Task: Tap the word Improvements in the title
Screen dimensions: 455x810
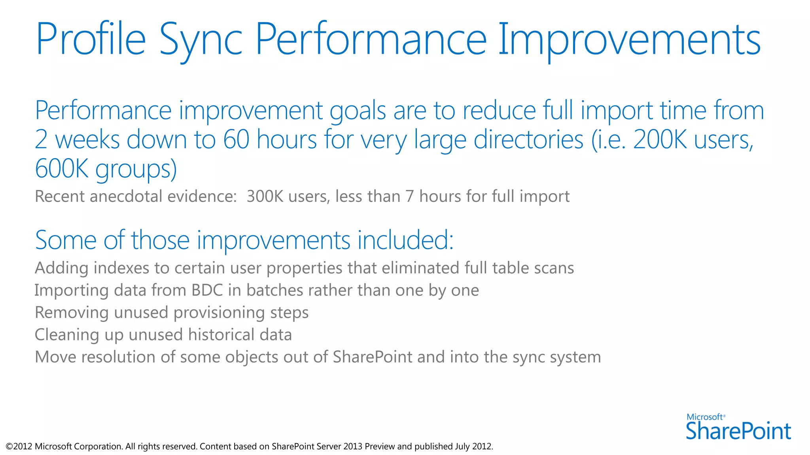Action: pyautogui.click(x=629, y=39)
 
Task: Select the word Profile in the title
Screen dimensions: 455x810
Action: pyautogui.click(x=91, y=39)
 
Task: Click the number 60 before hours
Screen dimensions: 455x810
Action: pyautogui.click(x=236, y=140)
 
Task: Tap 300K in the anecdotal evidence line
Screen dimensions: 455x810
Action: pyautogui.click(x=265, y=196)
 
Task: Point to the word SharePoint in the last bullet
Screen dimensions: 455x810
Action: pyautogui.click(x=372, y=357)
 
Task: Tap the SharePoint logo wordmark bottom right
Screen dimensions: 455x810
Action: pyautogui.click(x=738, y=431)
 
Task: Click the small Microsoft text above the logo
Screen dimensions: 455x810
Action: pyautogui.click(x=705, y=417)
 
